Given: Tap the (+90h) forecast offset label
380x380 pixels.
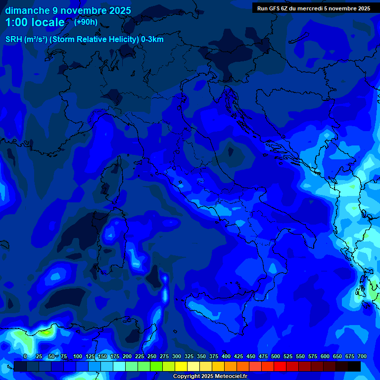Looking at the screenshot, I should (86, 22).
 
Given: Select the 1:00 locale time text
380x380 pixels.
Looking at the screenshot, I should (35, 23).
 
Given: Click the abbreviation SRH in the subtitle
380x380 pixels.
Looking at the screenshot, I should (13, 40).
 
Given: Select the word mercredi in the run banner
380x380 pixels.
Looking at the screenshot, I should (310, 8).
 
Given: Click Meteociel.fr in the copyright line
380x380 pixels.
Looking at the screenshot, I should (235, 377).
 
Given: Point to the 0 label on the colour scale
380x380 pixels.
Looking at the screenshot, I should (25, 357).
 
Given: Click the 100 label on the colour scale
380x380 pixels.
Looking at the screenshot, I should (78, 357).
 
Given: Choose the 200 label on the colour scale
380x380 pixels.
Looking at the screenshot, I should (127, 357).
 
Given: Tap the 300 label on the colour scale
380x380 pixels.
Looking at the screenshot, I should (177, 357).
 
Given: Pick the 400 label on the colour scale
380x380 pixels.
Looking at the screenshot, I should (226, 357).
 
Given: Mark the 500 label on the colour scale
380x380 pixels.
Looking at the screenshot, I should (276, 357).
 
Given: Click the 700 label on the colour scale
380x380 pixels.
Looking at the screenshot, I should (362, 357).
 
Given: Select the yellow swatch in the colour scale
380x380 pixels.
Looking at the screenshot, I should (181, 367).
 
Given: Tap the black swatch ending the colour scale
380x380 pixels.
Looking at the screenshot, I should (354, 367).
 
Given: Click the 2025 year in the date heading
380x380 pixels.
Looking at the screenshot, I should (119, 10).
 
